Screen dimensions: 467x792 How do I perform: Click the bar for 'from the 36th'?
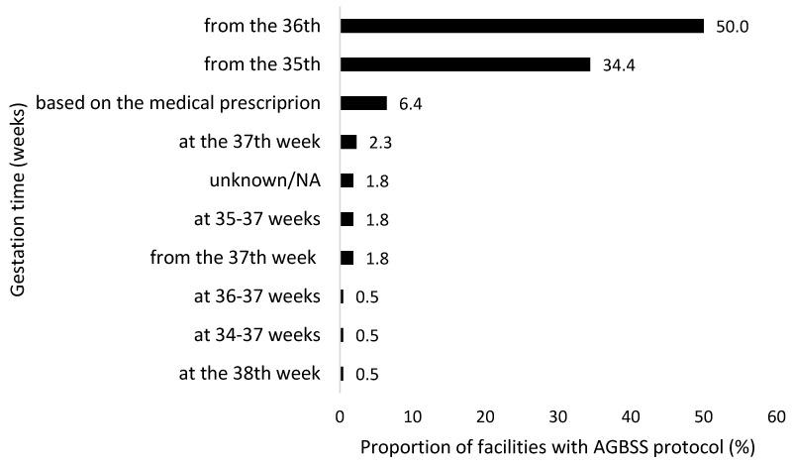tap(522, 26)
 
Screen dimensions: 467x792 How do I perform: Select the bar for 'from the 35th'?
tap(465, 64)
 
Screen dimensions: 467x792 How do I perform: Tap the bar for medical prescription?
tap(363, 103)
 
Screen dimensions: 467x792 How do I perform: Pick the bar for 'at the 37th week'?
tap(348, 142)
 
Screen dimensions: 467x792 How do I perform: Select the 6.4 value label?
tap(412, 104)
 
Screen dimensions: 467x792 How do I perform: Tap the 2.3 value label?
tap(381, 143)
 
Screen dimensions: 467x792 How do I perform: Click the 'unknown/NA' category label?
tap(265, 180)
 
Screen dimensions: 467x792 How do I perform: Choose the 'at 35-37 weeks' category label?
tap(257, 219)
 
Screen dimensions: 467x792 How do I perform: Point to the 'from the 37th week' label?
tap(234, 258)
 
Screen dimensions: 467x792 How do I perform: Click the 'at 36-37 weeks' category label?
tap(257, 296)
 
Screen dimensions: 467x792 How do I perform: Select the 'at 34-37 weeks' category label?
tap(257, 335)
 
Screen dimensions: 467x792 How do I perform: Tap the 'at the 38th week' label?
tap(249, 374)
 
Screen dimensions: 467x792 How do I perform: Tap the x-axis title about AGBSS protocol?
tap(557, 447)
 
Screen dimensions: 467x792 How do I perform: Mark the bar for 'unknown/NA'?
tap(346, 180)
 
